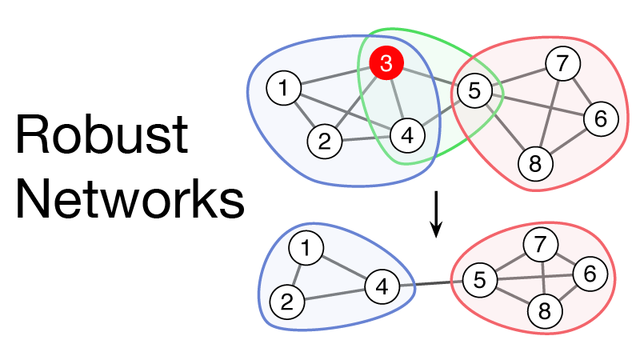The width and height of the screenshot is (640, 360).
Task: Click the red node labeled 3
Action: [386, 64]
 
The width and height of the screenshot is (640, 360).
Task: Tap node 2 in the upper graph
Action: [324, 142]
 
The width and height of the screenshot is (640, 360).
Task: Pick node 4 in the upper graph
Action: [406, 135]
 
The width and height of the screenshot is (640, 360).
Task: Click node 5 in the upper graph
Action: [474, 91]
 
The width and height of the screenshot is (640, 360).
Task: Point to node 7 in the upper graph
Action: [562, 63]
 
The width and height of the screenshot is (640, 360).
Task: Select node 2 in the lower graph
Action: [286, 302]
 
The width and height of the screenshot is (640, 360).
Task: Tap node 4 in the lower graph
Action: [382, 285]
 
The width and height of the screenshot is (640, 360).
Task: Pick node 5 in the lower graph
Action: [479, 280]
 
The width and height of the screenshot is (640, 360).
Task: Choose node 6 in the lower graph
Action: [590, 274]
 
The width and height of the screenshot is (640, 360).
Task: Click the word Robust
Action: [102, 136]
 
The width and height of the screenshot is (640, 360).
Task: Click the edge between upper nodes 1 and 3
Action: [332, 77]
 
